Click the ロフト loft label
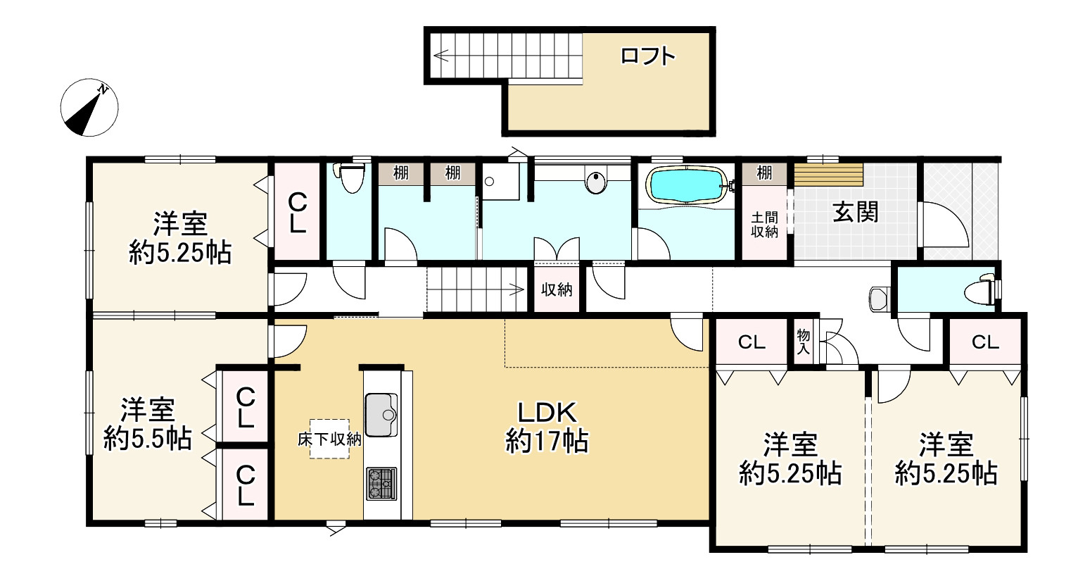click(x=648, y=56)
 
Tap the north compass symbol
click(x=89, y=107)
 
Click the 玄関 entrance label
click(x=856, y=212)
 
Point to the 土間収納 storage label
click(x=765, y=225)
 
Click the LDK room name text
click(x=547, y=413)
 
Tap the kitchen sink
click(x=381, y=414)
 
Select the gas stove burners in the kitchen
click(x=381, y=484)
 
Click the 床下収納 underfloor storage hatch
click(x=329, y=439)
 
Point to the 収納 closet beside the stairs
click(x=557, y=289)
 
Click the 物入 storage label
click(x=803, y=342)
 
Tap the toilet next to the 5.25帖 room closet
click(x=351, y=177)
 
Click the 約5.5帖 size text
click(x=148, y=439)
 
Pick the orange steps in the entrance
click(x=829, y=175)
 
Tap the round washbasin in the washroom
click(x=596, y=183)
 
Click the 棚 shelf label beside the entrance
click(x=764, y=173)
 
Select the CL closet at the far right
click(x=985, y=342)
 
